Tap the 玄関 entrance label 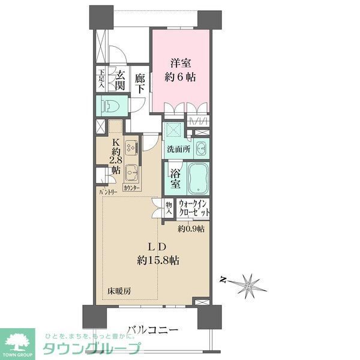coord(121,81)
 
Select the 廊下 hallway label coord(140,82)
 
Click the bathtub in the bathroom coord(199,178)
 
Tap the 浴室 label coord(175,178)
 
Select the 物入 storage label coord(169,208)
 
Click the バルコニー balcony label coord(152,329)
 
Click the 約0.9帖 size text coord(191,229)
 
